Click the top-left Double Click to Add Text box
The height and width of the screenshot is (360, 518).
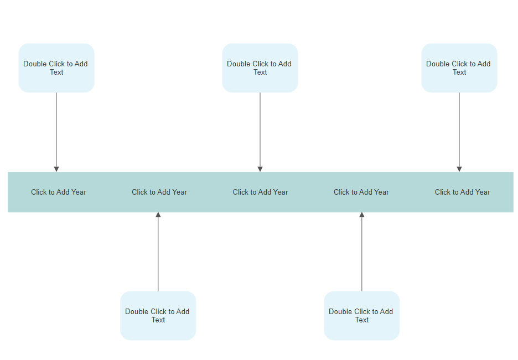pos(56,68)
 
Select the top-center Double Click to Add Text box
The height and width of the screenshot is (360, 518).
pos(260,68)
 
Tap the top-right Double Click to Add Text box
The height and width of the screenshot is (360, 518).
pos(459,68)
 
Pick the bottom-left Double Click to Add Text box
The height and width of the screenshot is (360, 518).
pos(158,316)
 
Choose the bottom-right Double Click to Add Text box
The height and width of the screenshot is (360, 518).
pos(362,316)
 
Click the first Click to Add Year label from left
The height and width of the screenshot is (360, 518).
pos(59,192)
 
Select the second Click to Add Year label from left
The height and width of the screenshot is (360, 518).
pos(159,192)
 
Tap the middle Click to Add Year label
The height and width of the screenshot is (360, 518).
pos(260,192)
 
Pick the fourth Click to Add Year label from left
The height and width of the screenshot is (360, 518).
pos(361,192)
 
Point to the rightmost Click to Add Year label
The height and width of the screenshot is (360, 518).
pos(463,192)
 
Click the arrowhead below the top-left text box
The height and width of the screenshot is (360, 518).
pos(56,169)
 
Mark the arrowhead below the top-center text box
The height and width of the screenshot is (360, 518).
pos(260,169)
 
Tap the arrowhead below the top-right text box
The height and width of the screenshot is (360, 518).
pos(459,169)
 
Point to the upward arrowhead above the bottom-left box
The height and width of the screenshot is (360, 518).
pos(158,215)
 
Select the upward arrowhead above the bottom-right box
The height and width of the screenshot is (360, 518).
pos(362,215)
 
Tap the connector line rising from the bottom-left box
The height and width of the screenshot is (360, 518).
pos(158,254)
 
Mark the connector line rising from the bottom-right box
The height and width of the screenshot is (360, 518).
pos(362,254)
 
